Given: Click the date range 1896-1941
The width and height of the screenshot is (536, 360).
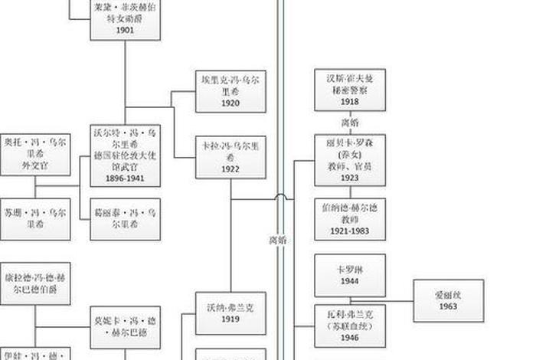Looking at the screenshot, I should coord(126,179).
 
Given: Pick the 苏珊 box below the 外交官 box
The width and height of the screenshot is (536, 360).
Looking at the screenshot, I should coord(35,219).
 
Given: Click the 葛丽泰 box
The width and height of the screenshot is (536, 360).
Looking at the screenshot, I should coord(126,219).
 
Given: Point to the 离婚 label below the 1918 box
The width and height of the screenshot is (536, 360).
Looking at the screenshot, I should coord(350,123).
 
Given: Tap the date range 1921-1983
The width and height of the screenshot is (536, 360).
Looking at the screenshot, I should coord(350,230).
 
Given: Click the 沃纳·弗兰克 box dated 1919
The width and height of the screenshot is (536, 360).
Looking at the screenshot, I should coord(230,313).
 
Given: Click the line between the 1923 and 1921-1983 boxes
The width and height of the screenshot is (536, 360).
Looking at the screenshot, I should coord(350,192).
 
